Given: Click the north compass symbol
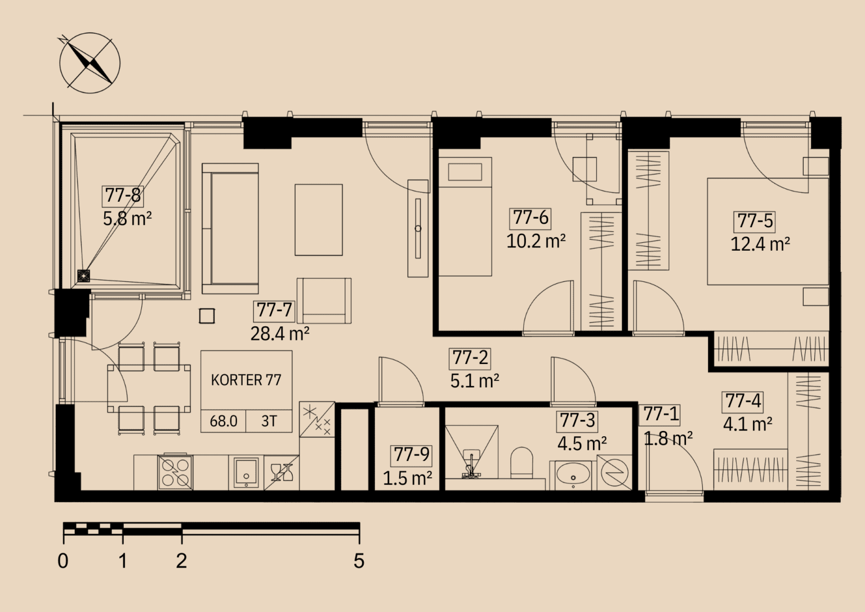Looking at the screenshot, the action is click(x=90, y=63).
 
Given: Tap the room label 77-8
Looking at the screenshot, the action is click(x=123, y=195).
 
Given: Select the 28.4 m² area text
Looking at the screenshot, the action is click(x=280, y=334).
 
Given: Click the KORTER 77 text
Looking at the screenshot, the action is click(x=246, y=380).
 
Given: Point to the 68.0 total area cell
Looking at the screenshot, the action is click(x=224, y=421).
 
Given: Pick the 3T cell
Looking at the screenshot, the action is click(x=269, y=421).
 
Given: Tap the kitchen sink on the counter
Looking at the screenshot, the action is click(x=246, y=472).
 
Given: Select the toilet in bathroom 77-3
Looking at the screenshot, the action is click(x=521, y=463).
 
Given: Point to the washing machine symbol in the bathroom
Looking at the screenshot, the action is click(x=614, y=473).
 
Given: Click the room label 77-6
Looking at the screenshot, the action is click(x=530, y=218).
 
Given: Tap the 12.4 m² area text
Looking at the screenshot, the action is click(x=760, y=244).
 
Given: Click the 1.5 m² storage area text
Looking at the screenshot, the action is click(x=407, y=478).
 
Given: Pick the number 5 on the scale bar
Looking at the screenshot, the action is click(x=359, y=561).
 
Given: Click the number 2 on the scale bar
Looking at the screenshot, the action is click(x=181, y=561).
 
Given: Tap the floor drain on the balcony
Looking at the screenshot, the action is click(x=84, y=276).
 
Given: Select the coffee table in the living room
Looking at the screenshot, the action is click(x=319, y=220).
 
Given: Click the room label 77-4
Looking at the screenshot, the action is click(x=743, y=401).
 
